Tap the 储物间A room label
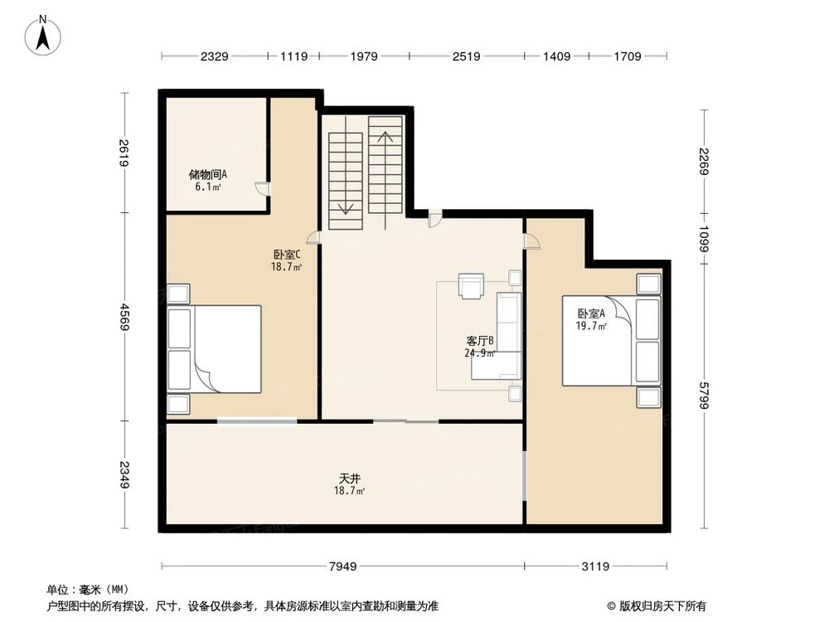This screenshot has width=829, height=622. [x=207, y=180]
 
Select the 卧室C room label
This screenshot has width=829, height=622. [x=286, y=260]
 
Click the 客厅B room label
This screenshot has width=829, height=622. [x=480, y=346]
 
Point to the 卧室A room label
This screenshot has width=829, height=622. [x=592, y=319]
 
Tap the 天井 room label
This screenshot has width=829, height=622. [x=349, y=484]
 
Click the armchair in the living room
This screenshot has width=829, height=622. [x=473, y=285]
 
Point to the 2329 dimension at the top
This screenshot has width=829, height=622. [x=214, y=56]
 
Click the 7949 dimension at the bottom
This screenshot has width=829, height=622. [x=342, y=566]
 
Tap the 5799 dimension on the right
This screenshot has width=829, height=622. [x=704, y=395]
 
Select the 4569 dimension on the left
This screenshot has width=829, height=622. [x=124, y=317]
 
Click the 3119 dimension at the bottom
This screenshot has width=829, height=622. [x=595, y=566]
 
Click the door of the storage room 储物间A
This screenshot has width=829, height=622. [x=262, y=188]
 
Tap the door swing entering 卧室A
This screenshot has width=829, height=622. [x=531, y=241]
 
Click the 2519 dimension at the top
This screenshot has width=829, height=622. [x=467, y=56]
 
